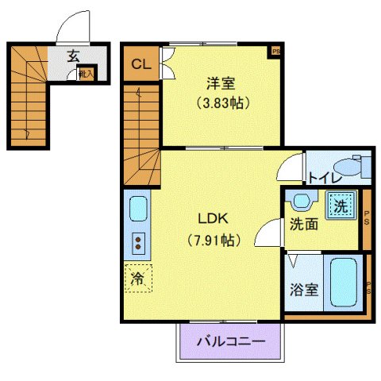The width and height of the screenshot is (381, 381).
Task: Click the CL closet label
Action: pos(140,64)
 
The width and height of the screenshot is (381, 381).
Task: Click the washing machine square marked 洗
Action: pos(341,206)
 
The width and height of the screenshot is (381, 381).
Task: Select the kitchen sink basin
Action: pos(137,210)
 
